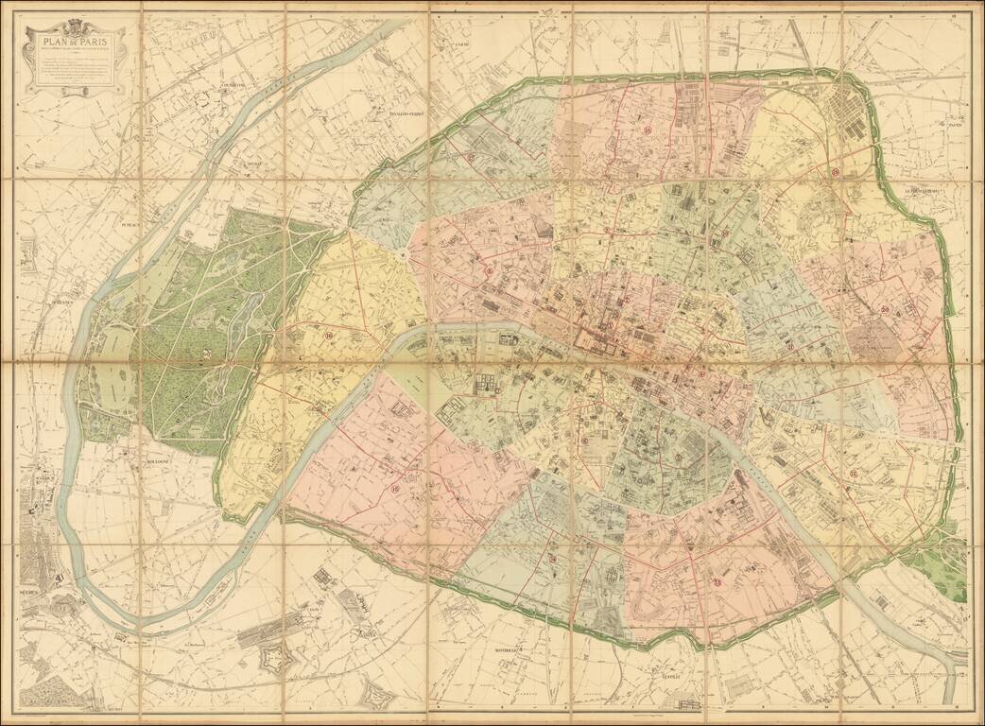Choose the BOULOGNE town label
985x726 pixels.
[156, 461]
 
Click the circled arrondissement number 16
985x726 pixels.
[328, 334]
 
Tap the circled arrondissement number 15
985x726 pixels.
[394, 489]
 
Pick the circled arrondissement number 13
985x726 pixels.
[716, 581]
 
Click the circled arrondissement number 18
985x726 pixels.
[648, 130]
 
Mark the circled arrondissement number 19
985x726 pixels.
[836, 173]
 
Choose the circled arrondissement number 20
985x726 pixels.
[884, 309]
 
